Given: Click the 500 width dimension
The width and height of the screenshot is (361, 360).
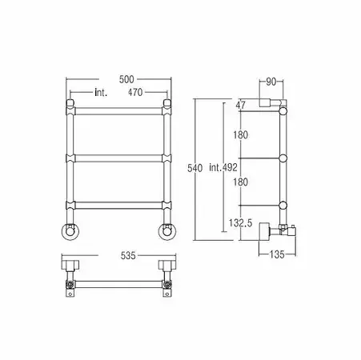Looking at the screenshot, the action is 126,79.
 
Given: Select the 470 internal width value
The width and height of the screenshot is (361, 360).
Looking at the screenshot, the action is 135,92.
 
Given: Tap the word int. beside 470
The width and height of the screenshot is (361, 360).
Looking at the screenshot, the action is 101,93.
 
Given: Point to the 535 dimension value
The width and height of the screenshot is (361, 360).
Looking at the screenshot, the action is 128,255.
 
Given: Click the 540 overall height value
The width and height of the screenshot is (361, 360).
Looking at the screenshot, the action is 195,168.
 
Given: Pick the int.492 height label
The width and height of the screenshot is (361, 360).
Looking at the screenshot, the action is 223,167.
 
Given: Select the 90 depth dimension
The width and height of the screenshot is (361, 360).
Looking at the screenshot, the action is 271,82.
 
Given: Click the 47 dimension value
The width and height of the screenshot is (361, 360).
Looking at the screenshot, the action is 240,105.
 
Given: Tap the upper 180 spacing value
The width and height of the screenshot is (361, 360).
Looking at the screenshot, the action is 241,135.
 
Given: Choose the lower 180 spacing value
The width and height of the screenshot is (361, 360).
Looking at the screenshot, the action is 241,182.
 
